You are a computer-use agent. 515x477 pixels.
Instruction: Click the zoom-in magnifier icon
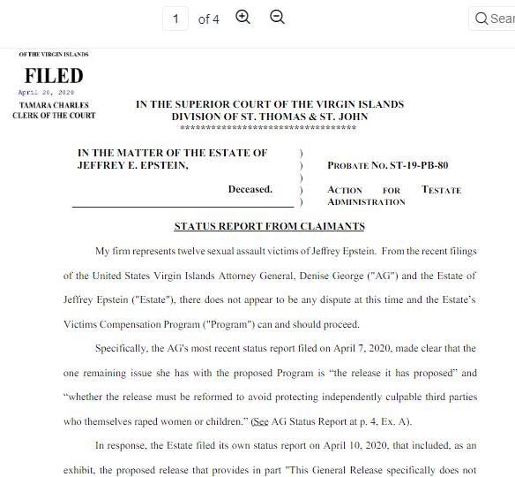tap(243, 18)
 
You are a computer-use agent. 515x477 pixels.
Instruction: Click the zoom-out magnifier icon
tap(277, 18)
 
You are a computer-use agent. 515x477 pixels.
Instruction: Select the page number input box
tap(175, 19)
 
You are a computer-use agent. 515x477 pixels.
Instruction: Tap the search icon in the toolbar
tap(481, 19)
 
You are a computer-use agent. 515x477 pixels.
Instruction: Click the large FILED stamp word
tap(54, 76)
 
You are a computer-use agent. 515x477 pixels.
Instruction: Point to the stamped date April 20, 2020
tap(46, 92)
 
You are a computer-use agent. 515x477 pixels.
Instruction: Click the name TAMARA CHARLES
tap(54, 105)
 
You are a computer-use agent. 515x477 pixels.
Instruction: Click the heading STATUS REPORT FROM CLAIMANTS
tap(269, 226)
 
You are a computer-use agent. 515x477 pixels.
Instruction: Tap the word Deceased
tap(250, 189)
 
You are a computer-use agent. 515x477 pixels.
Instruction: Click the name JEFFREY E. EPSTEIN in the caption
tap(132, 165)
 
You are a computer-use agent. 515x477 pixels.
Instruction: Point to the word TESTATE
tap(441, 190)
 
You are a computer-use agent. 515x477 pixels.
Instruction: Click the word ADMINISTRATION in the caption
tap(366, 202)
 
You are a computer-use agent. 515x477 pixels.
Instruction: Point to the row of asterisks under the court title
tap(269, 128)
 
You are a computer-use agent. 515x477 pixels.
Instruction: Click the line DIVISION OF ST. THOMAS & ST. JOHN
tap(270, 117)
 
